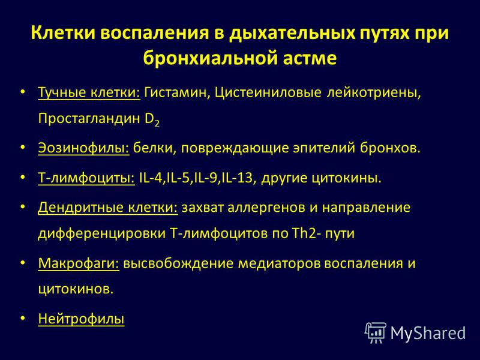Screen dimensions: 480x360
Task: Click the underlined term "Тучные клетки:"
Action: click(89, 92)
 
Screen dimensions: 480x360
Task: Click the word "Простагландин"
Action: click(89, 118)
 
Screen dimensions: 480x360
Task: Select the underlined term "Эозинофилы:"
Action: click(83, 148)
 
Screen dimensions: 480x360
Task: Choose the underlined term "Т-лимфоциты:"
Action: click(86, 178)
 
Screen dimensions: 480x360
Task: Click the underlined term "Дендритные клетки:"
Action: click(108, 208)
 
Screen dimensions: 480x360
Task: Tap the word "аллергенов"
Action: click(266, 208)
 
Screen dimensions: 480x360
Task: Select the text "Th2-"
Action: click(307, 233)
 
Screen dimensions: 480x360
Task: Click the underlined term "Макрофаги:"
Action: click(79, 263)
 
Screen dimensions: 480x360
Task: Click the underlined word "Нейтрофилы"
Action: click(81, 319)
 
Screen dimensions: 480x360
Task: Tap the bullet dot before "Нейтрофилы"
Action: click(22, 318)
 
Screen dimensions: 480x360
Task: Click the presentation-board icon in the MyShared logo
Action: click(376, 332)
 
